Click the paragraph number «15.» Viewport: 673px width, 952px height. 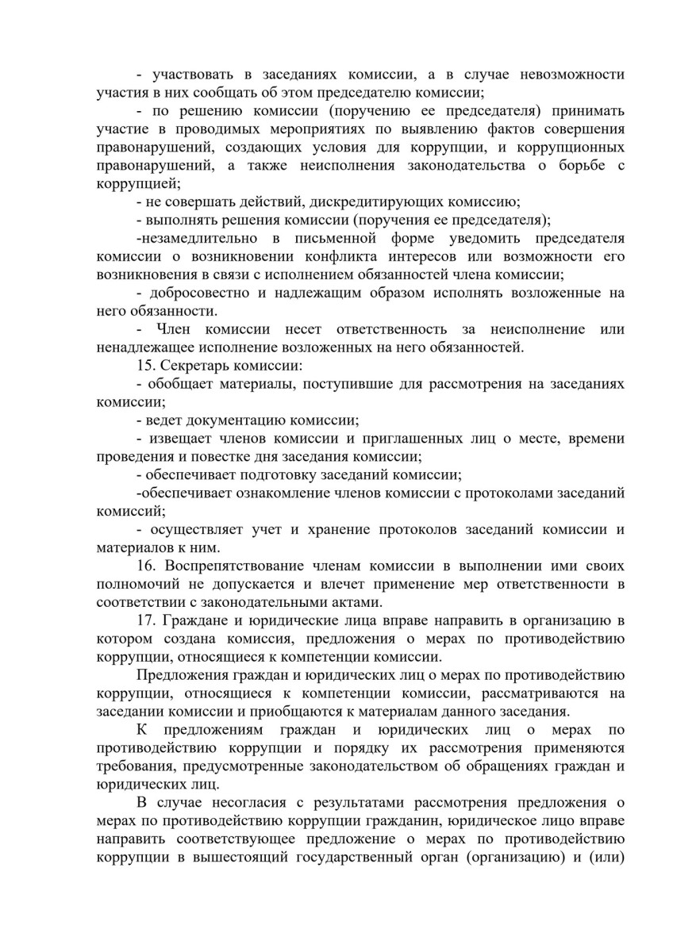[x=146, y=367]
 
